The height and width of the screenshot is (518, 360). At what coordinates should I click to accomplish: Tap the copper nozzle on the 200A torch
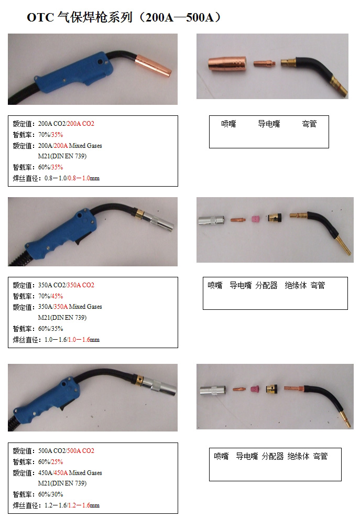(154, 64)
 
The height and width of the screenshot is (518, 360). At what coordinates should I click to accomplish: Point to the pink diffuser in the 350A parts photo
(256, 219)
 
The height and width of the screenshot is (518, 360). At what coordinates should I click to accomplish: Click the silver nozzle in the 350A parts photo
(211, 220)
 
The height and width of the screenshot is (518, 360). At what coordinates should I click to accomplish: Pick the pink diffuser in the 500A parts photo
(254, 389)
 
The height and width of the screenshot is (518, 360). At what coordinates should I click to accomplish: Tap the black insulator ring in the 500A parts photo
(271, 389)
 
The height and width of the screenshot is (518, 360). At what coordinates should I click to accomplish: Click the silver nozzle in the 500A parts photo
(213, 391)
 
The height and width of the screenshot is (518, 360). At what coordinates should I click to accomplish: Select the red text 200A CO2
(81, 124)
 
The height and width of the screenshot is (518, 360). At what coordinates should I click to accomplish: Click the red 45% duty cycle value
(57, 296)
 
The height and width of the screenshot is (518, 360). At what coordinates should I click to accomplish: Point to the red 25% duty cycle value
(57, 462)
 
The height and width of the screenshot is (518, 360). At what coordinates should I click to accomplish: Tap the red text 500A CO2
(81, 450)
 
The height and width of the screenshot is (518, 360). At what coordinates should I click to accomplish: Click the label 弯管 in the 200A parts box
(310, 124)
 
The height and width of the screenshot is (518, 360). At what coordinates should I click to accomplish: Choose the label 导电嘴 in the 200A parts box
(269, 124)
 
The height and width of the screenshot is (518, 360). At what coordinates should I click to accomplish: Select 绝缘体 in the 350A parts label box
(296, 285)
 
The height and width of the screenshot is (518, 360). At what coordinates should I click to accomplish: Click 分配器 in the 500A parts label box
(273, 457)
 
